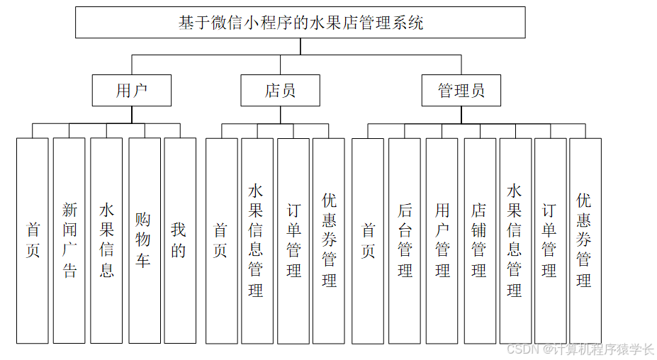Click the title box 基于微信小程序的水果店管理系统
[x=300, y=22]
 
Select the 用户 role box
[x=132, y=91]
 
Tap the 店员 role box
[x=280, y=91]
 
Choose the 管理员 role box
[x=461, y=91]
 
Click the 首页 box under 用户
[x=33, y=240]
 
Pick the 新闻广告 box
[x=69, y=240]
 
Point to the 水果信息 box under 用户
[x=106, y=240]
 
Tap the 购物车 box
[x=144, y=240]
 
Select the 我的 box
[x=179, y=240]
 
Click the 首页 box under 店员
[x=221, y=240]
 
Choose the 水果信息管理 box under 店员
[x=257, y=240]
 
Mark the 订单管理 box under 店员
[x=293, y=240]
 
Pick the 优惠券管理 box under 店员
[x=329, y=240]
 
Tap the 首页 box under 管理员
[x=368, y=240]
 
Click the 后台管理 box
[x=405, y=240]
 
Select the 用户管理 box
[x=442, y=240]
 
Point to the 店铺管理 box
[x=479, y=240]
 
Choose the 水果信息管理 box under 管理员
[x=515, y=240]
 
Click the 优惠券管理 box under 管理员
[x=585, y=240]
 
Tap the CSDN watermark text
[x=581, y=349]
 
